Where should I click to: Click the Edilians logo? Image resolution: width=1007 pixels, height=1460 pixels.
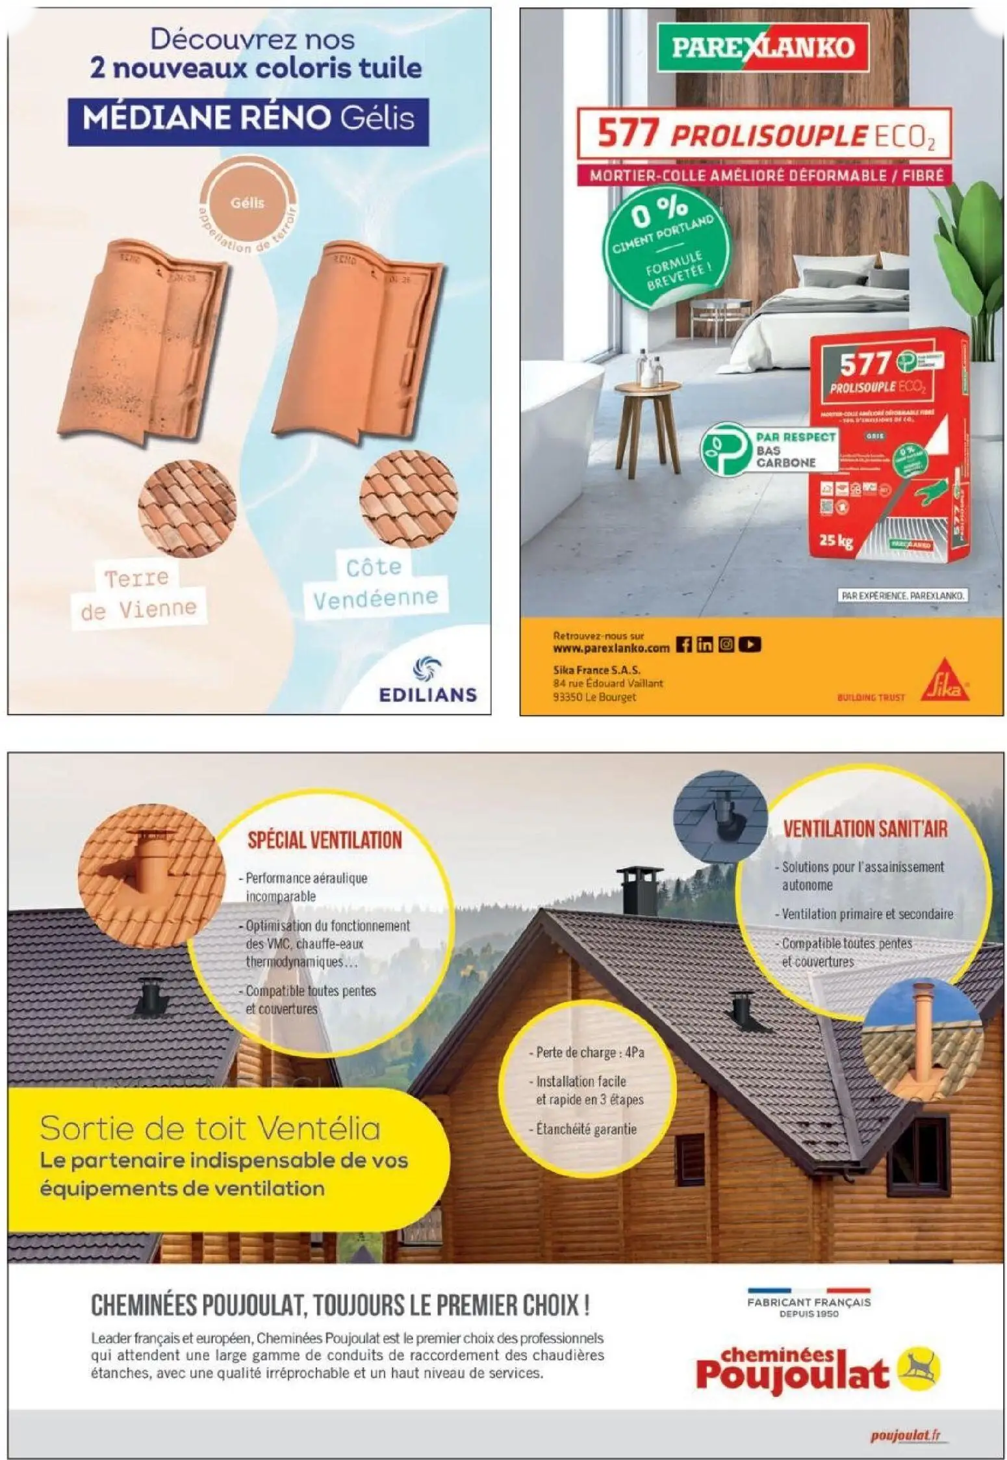pos(427,681)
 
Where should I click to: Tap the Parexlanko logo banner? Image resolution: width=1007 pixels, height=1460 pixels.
pos(762,47)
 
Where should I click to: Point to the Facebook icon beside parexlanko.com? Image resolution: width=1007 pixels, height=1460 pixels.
pos(683,644)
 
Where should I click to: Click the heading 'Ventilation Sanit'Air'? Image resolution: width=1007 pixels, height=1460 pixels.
pos(865,829)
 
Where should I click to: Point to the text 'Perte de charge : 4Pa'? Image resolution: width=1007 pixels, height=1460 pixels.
pos(590,1052)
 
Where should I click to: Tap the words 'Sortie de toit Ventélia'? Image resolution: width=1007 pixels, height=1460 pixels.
pos(210,1128)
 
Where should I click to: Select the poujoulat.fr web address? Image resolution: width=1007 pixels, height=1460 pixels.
pos(908,1434)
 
